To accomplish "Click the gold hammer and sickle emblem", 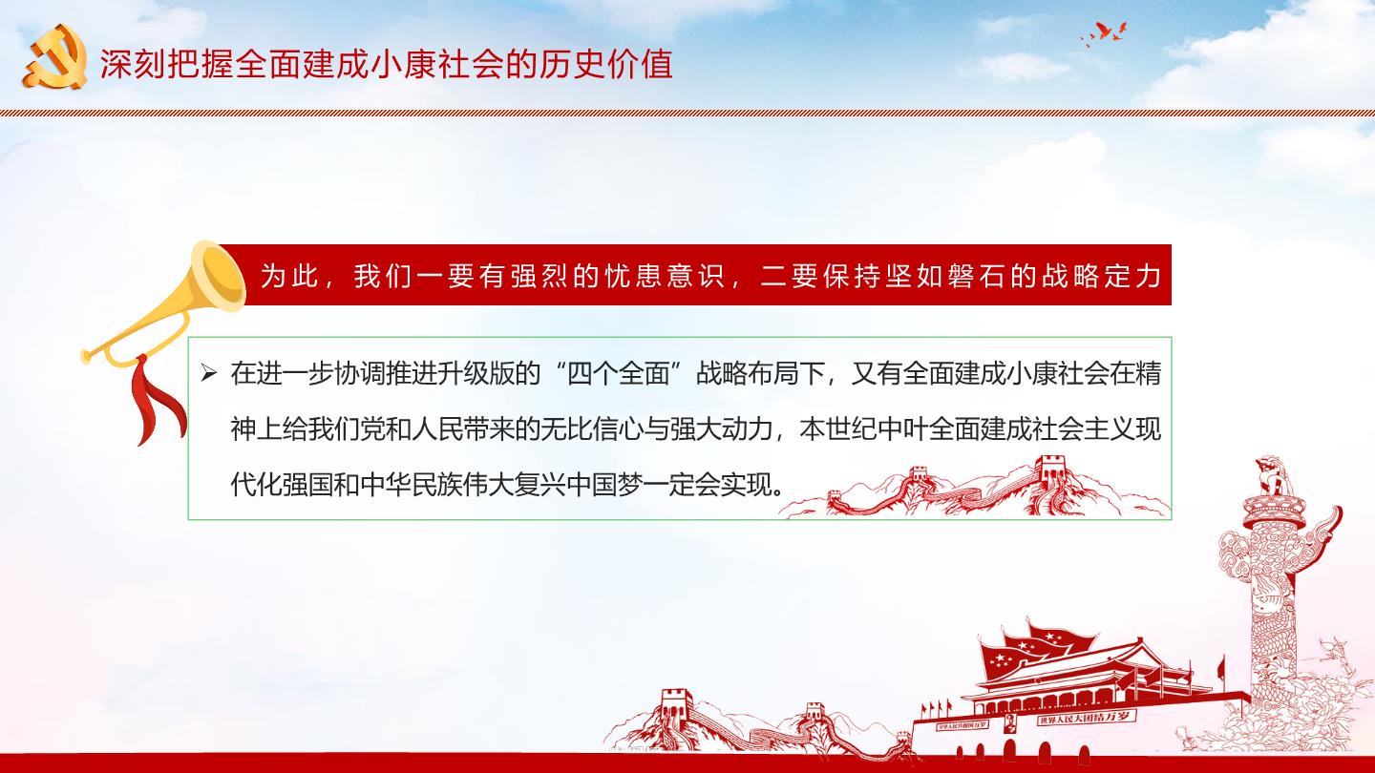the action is pos(55,57).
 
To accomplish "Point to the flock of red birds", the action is pos(1105,33).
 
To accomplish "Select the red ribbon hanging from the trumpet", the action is pos(156,398).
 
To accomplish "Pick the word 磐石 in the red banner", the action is pos(976,276).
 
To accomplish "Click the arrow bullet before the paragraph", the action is pos(209,372).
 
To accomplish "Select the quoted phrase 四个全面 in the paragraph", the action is pos(618,373).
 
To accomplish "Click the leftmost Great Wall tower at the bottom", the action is pos(676,702).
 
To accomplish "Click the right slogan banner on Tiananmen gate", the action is pos(1086,718).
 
